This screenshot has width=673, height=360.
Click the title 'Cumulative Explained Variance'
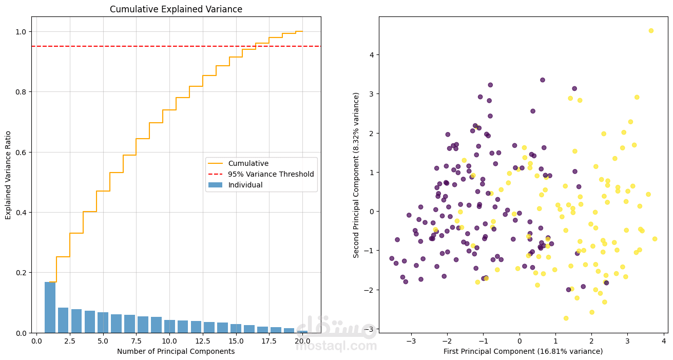coord(176,9)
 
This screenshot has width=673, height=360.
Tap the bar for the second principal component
coord(63,320)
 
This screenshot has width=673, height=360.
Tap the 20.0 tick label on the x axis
coord(302,341)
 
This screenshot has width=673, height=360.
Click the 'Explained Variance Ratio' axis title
coord(8,175)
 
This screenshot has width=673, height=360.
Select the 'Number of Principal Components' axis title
coord(176,351)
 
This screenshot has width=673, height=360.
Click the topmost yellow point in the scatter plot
coord(651,31)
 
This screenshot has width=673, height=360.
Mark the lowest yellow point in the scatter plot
coord(566,318)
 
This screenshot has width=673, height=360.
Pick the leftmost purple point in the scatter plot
coord(392,258)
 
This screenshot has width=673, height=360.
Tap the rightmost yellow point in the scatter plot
coord(655,239)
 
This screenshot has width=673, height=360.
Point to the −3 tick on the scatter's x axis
coord(411,341)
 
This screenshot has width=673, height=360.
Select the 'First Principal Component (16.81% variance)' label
coord(523,351)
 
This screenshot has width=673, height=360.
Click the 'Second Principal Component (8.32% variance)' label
coord(356,175)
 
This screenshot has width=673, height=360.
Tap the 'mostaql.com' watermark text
coord(336,346)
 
